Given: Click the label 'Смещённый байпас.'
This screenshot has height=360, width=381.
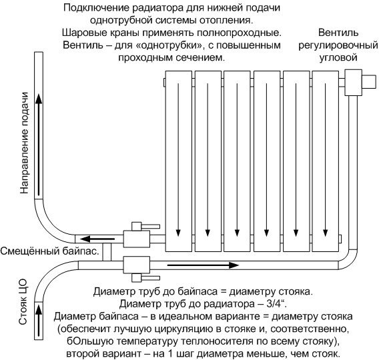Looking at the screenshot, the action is click(x=50, y=251).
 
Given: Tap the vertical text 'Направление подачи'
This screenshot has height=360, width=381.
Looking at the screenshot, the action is click(x=24, y=143).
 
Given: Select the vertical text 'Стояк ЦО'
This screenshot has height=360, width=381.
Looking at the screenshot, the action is click(x=23, y=303).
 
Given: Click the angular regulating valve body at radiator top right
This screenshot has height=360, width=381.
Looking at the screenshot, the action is click(x=353, y=82).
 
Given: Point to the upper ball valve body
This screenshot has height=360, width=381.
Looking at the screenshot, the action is click(x=137, y=239).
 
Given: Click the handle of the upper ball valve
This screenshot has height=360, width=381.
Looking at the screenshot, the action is click(x=145, y=226).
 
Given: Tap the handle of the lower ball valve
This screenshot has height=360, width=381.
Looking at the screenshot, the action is click(x=145, y=278).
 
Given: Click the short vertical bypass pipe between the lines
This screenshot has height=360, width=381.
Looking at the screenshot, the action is click(x=107, y=252).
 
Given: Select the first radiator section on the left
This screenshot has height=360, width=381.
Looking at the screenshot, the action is click(x=179, y=161).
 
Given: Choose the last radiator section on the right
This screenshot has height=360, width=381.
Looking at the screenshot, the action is click(x=325, y=161).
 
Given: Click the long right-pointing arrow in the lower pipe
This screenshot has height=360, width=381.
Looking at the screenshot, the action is click(x=203, y=265).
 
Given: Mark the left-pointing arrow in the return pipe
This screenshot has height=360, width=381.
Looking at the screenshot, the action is click(x=97, y=239).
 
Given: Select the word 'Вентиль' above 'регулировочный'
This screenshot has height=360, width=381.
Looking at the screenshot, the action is click(x=338, y=33).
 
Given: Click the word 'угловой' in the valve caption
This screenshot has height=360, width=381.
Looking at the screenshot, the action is click(x=338, y=58).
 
